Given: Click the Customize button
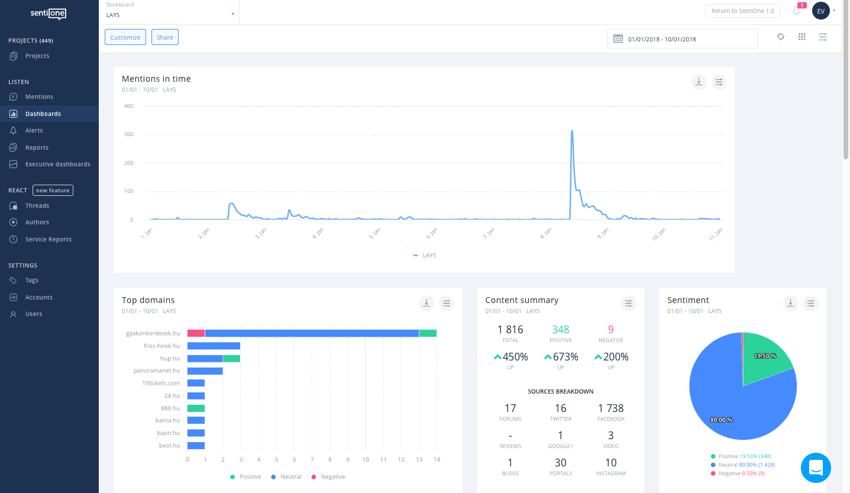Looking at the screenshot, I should pyautogui.click(x=125, y=37).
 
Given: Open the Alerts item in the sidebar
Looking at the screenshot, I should pyautogui.click(x=34, y=130).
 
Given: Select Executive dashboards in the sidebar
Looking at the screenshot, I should pyautogui.click(x=57, y=164).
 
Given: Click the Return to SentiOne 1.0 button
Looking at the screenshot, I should pyautogui.click(x=742, y=11).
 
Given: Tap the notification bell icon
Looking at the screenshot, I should pyautogui.click(x=796, y=11).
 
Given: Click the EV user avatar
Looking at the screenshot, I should pyautogui.click(x=820, y=11).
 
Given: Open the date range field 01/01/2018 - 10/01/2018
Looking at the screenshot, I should pyautogui.click(x=681, y=39).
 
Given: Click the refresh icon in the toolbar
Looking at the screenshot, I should pyautogui.click(x=781, y=37).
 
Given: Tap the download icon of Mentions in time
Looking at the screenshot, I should pyautogui.click(x=699, y=82).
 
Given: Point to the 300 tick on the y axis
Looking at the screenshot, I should pyautogui.click(x=128, y=134).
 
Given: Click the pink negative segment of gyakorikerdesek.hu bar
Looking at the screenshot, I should pyautogui.click(x=196, y=333).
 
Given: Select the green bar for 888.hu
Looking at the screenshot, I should pyautogui.click(x=196, y=408).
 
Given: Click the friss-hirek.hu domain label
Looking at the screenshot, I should pyautogui.click(x=161, y=346).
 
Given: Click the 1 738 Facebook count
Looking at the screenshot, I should pyautogui.click(x=610, y=408).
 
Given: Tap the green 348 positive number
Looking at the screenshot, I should pyautogui.click(x=560, y=330).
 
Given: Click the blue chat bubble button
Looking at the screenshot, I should pyautogui.click(x=816, y=468).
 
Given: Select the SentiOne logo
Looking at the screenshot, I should pyautogui.click(x=49, y=14).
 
